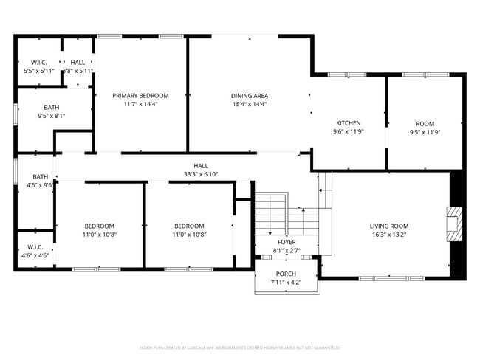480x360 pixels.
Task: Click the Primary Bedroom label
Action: [140, 95]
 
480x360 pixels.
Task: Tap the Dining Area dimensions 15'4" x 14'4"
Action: [249, 105]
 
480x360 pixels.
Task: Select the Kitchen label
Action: [348, 122]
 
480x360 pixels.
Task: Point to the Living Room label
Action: [388, 226]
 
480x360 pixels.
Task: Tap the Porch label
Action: [286, 274]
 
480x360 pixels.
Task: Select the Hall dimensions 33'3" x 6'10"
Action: [201, 175]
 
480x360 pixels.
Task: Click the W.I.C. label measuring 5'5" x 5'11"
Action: [39, 63]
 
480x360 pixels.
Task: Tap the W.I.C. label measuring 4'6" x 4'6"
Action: [35, 246]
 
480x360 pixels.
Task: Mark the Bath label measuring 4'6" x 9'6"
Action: [40, 177]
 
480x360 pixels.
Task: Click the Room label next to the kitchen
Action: [425, 123]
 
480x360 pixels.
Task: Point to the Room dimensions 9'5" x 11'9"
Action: [425, 132]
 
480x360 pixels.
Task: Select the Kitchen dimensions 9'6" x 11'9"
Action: [348, 132]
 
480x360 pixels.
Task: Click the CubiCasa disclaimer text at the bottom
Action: [239, 347]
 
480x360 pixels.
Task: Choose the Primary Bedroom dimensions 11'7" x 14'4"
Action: [140, 105]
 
